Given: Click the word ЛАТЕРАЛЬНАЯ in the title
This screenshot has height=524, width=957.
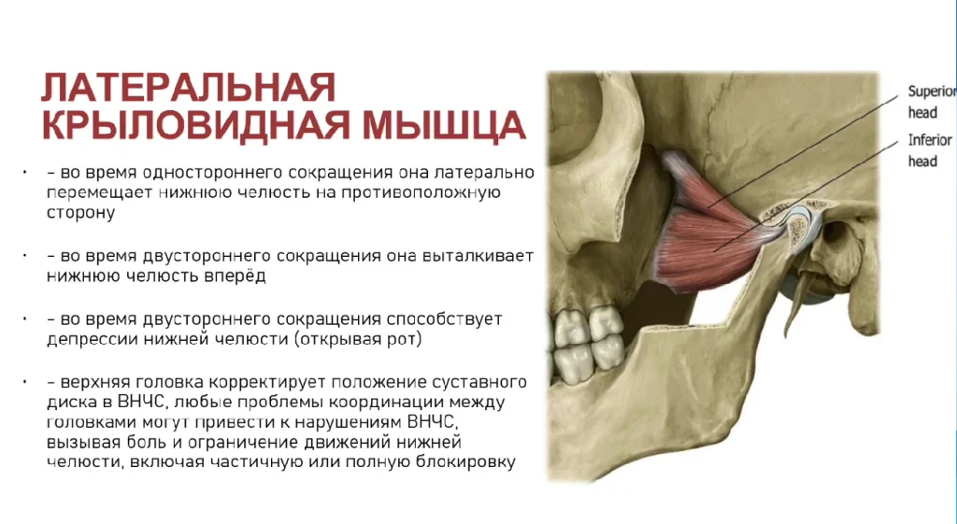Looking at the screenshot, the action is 189,88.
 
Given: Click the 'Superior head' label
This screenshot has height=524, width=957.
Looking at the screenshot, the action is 931,102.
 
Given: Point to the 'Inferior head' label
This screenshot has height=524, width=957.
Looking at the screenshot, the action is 930,150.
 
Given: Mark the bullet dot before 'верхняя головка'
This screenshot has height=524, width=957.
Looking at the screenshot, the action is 24,382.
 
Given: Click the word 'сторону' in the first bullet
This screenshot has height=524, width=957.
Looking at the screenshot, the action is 80,214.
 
